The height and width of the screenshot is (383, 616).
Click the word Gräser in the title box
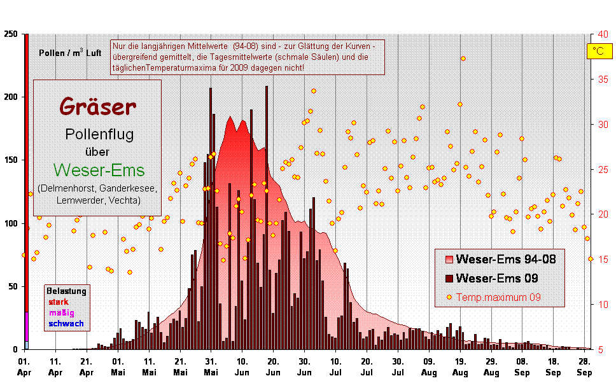98,107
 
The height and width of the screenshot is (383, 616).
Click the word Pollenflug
99,134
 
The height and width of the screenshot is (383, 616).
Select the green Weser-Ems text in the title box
99,170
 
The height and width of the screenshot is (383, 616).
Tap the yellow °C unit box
598,52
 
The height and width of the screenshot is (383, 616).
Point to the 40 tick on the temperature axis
603,34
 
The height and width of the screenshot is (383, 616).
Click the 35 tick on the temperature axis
603,80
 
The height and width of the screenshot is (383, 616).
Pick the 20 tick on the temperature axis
603,214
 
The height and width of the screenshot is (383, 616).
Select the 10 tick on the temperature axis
603,304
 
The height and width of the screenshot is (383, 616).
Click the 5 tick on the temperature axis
603,349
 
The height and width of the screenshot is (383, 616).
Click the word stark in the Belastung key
59,302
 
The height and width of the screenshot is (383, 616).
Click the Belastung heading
66,291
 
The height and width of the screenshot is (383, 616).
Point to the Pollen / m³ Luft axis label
70,53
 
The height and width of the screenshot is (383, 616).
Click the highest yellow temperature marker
463,59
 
